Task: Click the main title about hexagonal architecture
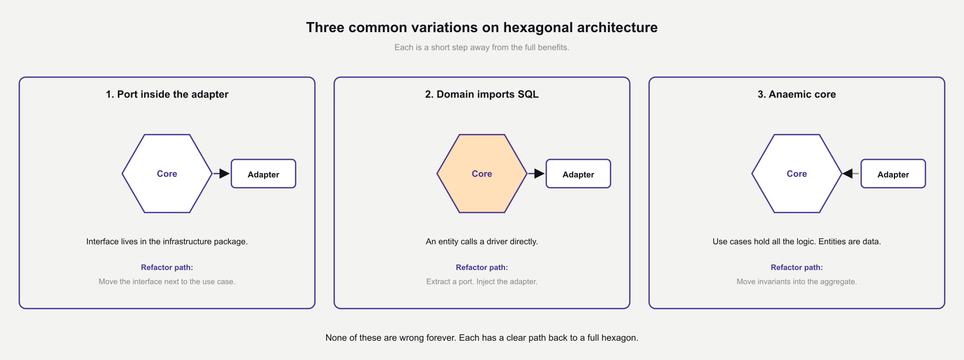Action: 481,27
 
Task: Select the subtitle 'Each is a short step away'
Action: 481,47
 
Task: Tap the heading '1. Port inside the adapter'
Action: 167,94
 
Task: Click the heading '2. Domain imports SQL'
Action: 481,94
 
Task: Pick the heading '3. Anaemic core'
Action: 796,94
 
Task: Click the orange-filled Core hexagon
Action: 481,174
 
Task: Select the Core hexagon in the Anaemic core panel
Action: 796,174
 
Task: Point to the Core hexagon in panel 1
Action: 167,174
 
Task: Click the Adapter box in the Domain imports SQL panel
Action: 578,174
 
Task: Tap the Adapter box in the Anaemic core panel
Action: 893,174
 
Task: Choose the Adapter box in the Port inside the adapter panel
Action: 263,174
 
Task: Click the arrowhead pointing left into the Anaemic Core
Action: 848,174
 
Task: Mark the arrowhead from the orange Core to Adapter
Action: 539,174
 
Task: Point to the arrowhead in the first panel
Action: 224,174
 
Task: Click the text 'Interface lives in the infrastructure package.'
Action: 167,242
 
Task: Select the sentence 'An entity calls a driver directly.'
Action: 481,242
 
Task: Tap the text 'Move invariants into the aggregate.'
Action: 796,282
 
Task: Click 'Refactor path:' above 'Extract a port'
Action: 481,267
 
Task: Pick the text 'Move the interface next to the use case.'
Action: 167,282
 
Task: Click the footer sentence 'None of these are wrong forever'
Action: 481,338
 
